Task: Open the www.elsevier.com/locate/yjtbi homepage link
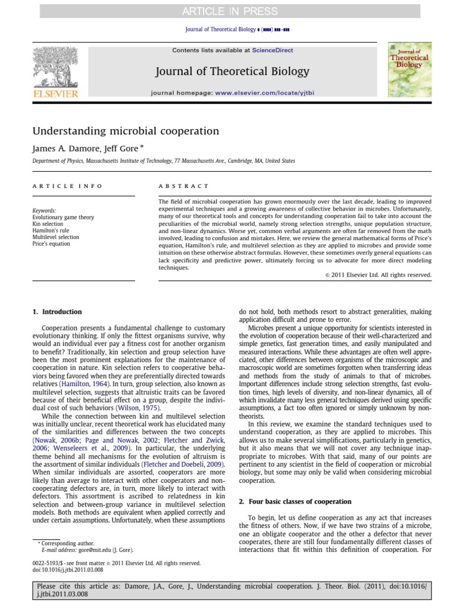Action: pos(265,93)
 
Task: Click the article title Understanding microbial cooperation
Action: pos(126,131)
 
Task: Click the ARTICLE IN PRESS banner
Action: pos(228,10)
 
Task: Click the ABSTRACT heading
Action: pos(184,186)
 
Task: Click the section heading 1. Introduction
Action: pos(58,312)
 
